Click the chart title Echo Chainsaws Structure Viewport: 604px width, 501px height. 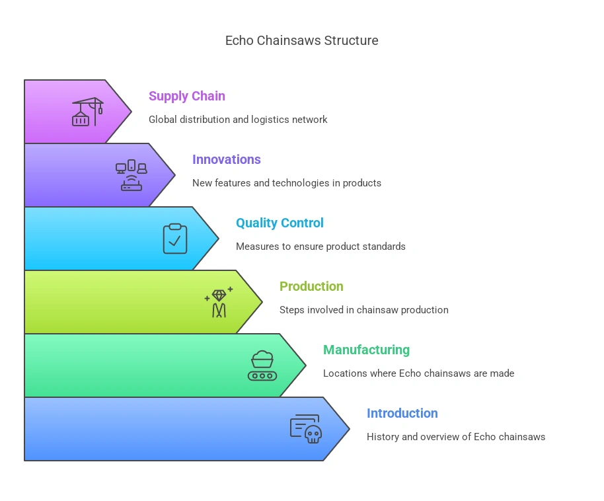click(x=301, y=40)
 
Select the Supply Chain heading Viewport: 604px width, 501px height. click(x=186, y=96)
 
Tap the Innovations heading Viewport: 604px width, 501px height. click(x=226, y=159)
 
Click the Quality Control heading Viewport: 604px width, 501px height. click(x=280, y=223)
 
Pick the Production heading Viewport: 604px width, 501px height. click(x=311, y=286)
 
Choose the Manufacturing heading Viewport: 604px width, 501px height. click(x=366, y=350)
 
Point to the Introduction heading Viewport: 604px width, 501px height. click(x=402, y=413)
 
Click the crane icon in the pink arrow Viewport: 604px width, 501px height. click(x=87, y=112)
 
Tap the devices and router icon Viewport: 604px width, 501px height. click(x=131, y=175)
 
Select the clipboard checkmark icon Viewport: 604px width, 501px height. click(x=175, y=239)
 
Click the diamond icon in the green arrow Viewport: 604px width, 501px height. click(x=219, y=302)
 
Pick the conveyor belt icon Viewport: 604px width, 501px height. click(x=262, y=366)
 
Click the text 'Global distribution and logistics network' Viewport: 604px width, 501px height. click(x=238, y=120)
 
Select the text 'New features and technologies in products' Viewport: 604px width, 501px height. click(x=286, y=183)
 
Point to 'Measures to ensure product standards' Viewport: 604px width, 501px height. click(x=321, y=247)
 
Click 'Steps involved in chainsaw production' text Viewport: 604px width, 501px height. click(x=363, y=310)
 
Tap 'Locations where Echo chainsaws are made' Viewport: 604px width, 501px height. click(x=418, y=373)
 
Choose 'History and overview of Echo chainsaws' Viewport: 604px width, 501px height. click(x=456, y=437)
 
